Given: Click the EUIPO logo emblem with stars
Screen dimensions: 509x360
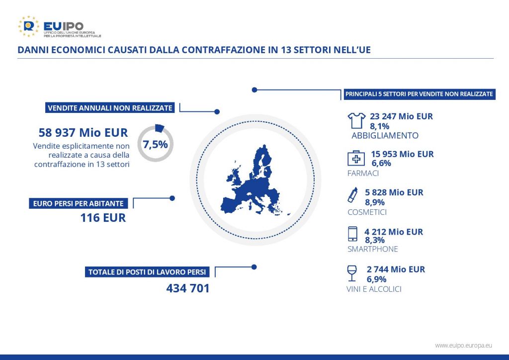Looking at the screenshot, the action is [28, 26].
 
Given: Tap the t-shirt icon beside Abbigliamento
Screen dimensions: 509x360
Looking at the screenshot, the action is [356, 120].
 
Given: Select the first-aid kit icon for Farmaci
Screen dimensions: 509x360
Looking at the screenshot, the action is [356, 159].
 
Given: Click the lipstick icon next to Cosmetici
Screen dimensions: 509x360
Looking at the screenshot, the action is [352, 195].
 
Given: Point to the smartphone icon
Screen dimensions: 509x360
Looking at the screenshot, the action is [352, 234].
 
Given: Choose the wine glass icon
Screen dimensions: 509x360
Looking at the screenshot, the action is [351, 273].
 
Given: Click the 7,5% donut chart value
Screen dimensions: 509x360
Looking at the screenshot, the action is [155, 144].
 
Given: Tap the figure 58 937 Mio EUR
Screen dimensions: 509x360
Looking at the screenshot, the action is [83, 132].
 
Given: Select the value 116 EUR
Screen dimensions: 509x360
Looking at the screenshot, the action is [103, 217].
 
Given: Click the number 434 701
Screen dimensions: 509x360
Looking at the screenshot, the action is [188, 288].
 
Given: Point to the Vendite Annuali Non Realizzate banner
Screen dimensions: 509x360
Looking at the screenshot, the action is [110, 108].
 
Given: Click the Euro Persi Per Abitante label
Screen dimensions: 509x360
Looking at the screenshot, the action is [78, 203].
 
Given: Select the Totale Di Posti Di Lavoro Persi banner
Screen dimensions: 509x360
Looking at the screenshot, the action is [147, 272].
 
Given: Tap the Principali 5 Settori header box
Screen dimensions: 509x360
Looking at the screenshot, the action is [419, 94].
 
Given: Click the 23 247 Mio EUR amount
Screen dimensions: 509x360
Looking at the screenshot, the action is [401, 116].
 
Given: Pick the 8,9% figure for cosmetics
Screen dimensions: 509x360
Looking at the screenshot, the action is [375, 202].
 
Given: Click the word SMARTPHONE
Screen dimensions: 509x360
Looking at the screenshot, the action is [373, 249].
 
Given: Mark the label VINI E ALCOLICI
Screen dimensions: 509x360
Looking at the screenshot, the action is [374, 289].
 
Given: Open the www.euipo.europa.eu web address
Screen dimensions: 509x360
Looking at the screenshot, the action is [464, 346].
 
